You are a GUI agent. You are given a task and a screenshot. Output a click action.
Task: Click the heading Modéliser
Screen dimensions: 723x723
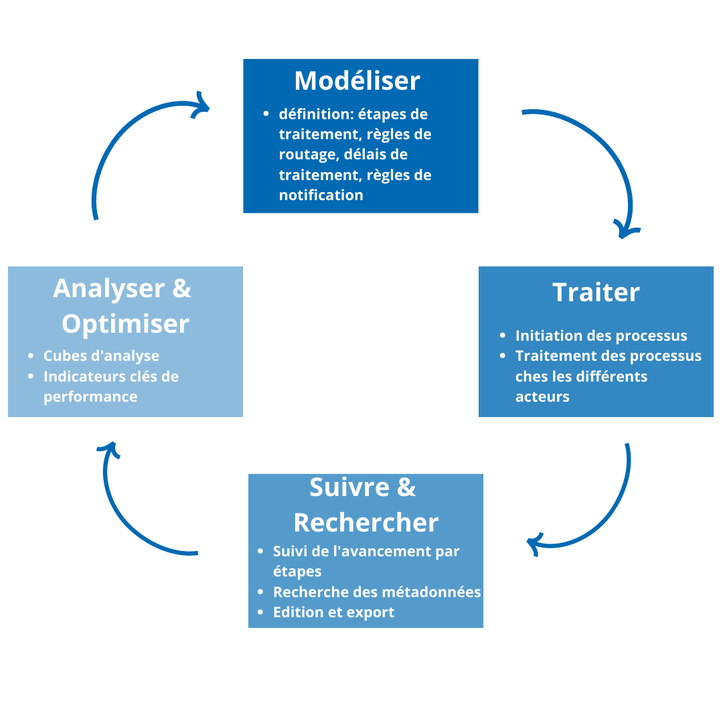pyautogui.click(x=357, y=81)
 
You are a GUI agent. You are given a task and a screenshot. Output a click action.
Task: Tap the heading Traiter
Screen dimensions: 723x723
pyautogui.click(x=596, y=293)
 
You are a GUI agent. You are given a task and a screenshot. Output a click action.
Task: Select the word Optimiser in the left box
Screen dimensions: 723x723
pyautogui.click(x=125, y=324)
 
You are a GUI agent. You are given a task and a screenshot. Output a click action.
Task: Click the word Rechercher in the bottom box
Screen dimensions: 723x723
pyautogui.click(x=366, y=522)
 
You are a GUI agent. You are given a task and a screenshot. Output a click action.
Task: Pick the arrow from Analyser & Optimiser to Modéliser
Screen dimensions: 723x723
pyautogui.click(x=120, y=141)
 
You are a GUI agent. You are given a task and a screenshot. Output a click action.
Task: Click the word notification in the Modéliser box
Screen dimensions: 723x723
pyautogui.click(x=321, y=195)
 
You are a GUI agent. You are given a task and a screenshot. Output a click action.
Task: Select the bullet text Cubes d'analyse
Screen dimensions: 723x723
pyautogui.click(x=101, y=355)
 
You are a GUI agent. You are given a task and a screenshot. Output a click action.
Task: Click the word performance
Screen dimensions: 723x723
pyautogui.click(x=90, y=397)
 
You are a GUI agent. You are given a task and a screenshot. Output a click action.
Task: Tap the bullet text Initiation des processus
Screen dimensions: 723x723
pyautogui.click(x=600, y=335)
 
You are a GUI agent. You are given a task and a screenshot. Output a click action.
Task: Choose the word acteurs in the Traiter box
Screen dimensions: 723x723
pyautogui.click(x=542, y=397)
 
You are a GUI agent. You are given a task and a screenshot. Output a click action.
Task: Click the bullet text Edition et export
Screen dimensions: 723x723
pyautogui.click(x=333, y=613)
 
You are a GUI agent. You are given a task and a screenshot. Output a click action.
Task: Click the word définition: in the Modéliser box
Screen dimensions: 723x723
pyautogui.click(x=316, y=114)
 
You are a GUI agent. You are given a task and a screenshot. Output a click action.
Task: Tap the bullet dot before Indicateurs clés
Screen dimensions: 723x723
pyautogui.click(x=31, y=376)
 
